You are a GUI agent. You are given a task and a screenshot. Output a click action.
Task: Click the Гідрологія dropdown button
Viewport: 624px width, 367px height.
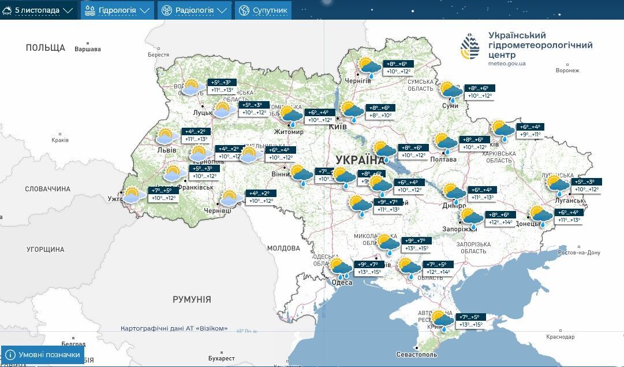[117, 10]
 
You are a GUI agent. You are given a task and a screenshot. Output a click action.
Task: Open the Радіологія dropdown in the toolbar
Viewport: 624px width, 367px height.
[195, 10]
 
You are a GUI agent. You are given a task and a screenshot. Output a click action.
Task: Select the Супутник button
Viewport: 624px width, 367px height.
[263, 10]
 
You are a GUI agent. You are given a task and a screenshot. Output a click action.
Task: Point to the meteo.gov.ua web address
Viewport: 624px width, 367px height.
[506, 64]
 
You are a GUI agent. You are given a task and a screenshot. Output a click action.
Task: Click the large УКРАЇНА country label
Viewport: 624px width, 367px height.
[360, 160]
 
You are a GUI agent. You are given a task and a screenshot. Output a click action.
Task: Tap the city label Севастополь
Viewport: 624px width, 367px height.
[417, 354]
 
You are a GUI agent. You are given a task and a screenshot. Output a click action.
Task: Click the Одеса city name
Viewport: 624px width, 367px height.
[342, 282]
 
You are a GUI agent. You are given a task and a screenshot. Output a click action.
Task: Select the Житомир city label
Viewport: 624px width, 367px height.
[289, 132]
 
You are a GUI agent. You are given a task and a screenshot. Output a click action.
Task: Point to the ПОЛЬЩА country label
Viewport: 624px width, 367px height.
[45, 47]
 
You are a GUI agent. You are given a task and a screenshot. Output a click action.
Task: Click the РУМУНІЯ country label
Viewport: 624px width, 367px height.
[192, 299]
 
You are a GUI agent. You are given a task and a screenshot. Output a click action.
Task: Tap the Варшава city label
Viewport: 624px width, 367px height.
[88, 49]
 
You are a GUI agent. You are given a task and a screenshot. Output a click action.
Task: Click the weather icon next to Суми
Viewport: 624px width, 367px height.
[450, 91]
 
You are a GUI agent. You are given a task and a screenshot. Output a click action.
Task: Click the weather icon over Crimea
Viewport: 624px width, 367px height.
[443, 320]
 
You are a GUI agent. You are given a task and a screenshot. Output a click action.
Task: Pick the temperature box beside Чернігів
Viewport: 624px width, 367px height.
[398, 68]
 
